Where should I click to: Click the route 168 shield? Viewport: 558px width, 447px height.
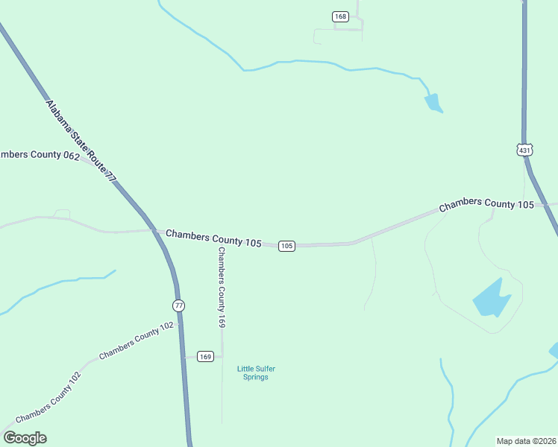click(x=341, y=16)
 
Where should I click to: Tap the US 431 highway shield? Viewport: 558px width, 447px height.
click(x=525, y=150)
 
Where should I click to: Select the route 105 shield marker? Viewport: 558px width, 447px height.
click(x=287, y=246)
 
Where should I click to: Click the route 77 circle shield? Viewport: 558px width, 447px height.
click(x=178, y=305)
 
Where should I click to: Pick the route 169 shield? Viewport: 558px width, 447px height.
click(x=207, y=356)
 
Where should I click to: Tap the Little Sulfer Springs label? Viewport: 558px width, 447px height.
click(x=252, y=372)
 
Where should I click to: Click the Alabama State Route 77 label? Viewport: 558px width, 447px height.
click(x=82, y=141)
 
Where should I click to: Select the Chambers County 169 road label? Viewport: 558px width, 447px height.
click(x=222, y=287)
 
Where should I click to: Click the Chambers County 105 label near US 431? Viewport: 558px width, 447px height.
click(x=486, y=204)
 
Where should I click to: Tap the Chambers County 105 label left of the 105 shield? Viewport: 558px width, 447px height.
click(x=213, y=238)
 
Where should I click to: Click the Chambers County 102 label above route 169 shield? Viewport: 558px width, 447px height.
click(x=136, y=340)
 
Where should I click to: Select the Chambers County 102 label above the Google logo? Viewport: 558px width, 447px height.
click(x=48, y=399)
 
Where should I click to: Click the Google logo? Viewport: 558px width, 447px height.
click(x=25, y=438)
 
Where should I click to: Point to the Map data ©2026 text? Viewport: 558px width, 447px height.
click(x=526, y=441)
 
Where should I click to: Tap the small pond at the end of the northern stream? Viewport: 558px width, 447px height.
click(x=433, y=103)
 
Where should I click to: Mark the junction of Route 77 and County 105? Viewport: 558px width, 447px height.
click(x=156, y=231)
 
